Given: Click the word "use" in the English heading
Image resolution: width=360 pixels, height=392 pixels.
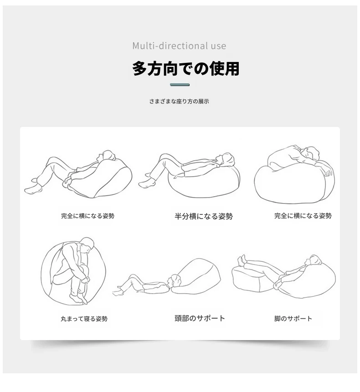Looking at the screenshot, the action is pyautogui.click(x=218, y=46).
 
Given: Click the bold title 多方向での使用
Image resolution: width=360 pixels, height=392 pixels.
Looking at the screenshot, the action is pyautogui.click(x=185, y=68).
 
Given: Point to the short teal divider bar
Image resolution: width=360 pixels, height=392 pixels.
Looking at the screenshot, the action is pyautogui.click(x=180, y=85).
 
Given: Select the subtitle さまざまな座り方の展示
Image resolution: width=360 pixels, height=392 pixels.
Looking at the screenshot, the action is pyautogui.click(x=179, y=101).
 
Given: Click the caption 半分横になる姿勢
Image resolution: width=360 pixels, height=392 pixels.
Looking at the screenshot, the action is pyautogui.click(x=204, y=216).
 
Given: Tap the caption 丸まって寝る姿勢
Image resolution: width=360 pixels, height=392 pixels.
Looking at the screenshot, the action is pyautogui.click(x=84, y=319).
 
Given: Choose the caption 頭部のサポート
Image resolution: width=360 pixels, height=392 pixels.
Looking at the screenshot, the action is pyautogui.click(x=200, y=318).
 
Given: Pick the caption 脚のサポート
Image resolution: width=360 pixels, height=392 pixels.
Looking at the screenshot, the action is pyautogui.click(x=293, y=319).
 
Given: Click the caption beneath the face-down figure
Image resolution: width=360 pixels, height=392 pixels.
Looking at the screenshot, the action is pyautogui.click(x=303, y=216).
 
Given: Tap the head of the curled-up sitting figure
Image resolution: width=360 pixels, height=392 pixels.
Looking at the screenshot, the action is pyautogui.click(x=87, y=244).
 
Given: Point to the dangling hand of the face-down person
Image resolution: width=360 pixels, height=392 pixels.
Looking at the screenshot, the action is pyautogui.click(x=328, y=172).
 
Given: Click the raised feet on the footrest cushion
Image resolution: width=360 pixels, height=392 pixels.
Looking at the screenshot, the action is pyautogui.click(x=242, y=260).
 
